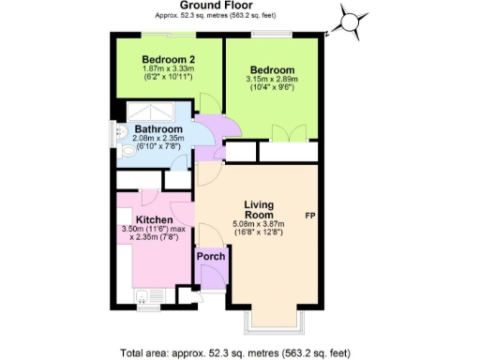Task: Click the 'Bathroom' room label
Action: pos(157,129)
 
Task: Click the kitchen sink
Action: pos(141,298)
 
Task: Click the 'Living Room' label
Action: pos(263,211)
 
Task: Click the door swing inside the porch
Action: pos(212,275)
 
